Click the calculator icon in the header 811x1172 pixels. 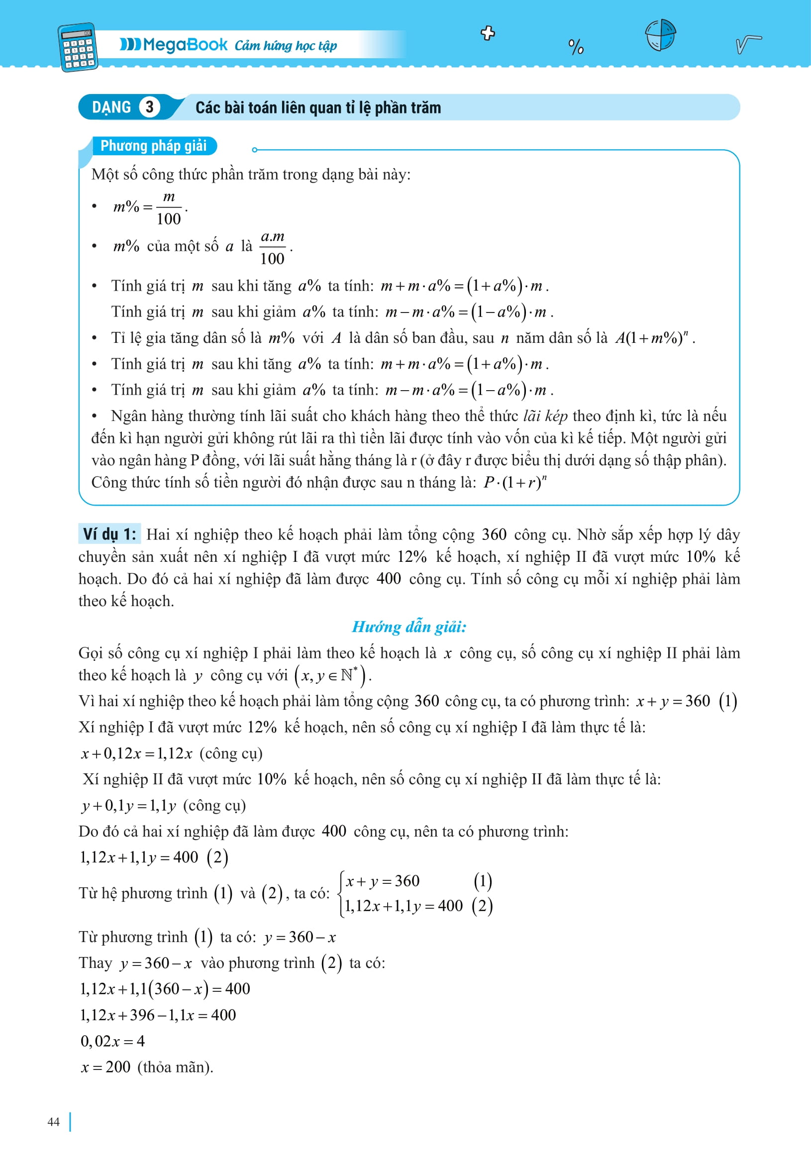coord(78,47)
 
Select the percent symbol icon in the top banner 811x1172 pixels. coord(576,47)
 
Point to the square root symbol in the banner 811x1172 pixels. coord(748,44)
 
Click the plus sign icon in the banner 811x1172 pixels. coord(488,33)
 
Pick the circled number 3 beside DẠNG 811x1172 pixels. coord(149,107)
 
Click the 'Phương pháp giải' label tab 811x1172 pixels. coord(153,146)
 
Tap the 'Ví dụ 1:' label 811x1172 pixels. coord(110,534)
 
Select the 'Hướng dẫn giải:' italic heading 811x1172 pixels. coord(409,627)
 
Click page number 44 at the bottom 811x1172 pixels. coord(53,1122)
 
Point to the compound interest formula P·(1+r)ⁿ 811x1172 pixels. coord(515,482)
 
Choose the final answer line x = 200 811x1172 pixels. coord(105,1066)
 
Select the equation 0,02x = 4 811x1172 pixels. coord(113,1041)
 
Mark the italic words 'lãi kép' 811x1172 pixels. coord(545,416)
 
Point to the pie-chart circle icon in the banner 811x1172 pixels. coord(660,35)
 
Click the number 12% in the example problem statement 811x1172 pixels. coord(411,556)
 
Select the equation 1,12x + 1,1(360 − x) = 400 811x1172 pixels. coord(165,988)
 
